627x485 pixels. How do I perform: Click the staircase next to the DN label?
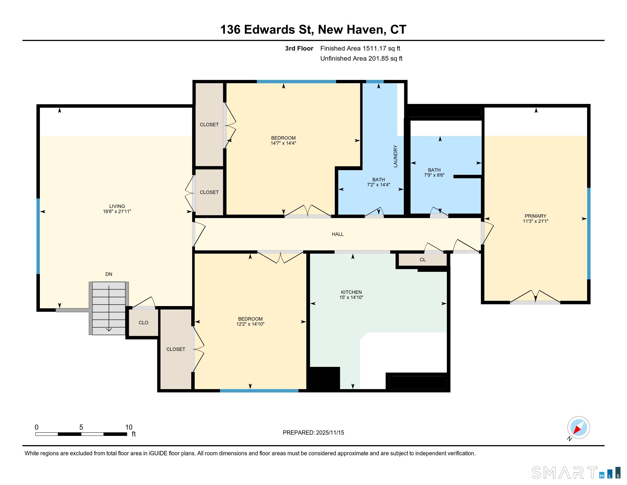pyautogui.click(x=109, y=308)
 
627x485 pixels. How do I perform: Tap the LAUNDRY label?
pyautogui.click(x=395, y=156)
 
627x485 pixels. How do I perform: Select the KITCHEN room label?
pyautogui.click(x=351, y=292)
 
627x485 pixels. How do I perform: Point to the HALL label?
pyautogui.click(x=338, y=234)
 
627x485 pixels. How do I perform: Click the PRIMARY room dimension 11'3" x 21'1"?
pyautogui.click(x=536, y=221)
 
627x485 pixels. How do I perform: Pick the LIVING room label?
pyautogui.click(x=117, y=206)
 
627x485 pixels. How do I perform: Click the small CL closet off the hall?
pyautogui.click(x=423, y=260)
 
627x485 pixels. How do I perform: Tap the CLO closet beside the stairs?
pyautogui.click(x=143, y=323)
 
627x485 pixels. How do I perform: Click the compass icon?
pyautogui.click(x=579, y=428)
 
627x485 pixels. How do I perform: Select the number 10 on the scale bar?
pyautogui.click(x=129, y=427)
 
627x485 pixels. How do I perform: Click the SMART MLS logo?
pyautogui.click(x=576, y=472)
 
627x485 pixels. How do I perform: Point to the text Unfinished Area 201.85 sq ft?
pyautogui.click(x=361, y=58)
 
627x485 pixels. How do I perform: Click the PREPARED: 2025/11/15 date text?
pyautogui.click(x=313, y=433)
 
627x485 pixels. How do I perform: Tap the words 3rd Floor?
pyautogui.click(x=299, y=48)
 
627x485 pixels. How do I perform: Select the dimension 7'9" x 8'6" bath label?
pyautogui.click(x=434, y=175)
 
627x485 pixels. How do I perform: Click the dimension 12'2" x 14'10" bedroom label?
pyautogui.click(x=250, y=324)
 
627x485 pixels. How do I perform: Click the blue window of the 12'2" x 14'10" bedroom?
pyautogui.click(x=259, y=391)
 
